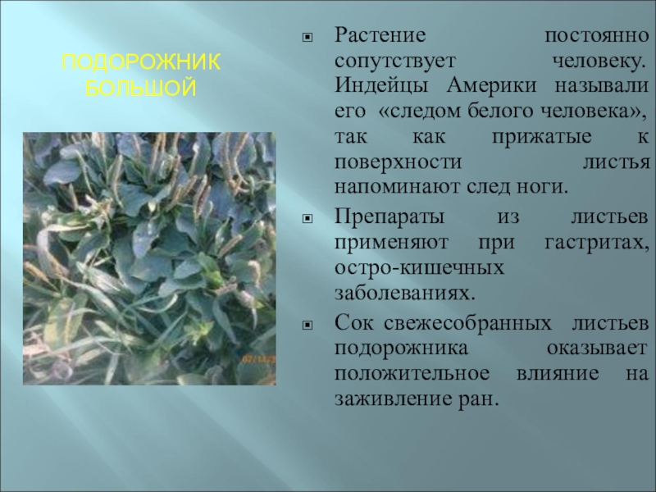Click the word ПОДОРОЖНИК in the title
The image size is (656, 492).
tap(142, 64)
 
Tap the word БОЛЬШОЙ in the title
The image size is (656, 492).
tap(142, 86)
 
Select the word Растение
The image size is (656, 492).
tap(380, 38)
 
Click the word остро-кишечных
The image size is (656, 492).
tap(405, 268)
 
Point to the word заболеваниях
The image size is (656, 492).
tap(403, 292)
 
